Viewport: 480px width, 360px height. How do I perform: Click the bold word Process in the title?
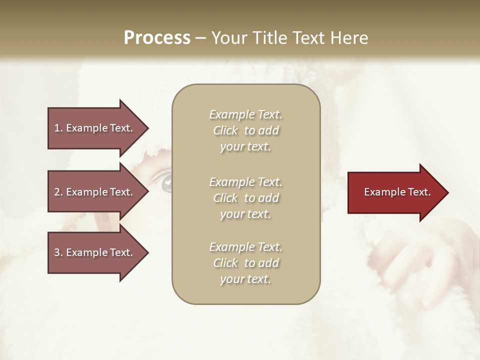tap(157, 38)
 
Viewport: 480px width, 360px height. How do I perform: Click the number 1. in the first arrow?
tap(58, 128)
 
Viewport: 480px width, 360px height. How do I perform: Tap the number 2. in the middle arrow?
tap(58, 192)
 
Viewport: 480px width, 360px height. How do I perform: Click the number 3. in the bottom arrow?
tap(58, 252)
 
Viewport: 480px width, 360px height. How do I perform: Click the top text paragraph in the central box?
tap(245, 130)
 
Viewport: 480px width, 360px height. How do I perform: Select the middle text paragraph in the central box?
tap(245, 198)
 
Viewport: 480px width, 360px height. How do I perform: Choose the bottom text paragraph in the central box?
tap(245, 263)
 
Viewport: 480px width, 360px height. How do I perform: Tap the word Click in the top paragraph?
tap(225, 130)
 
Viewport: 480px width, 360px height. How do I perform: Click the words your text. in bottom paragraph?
tap(245, 279)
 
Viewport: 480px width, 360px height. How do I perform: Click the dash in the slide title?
tap(201, 38)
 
